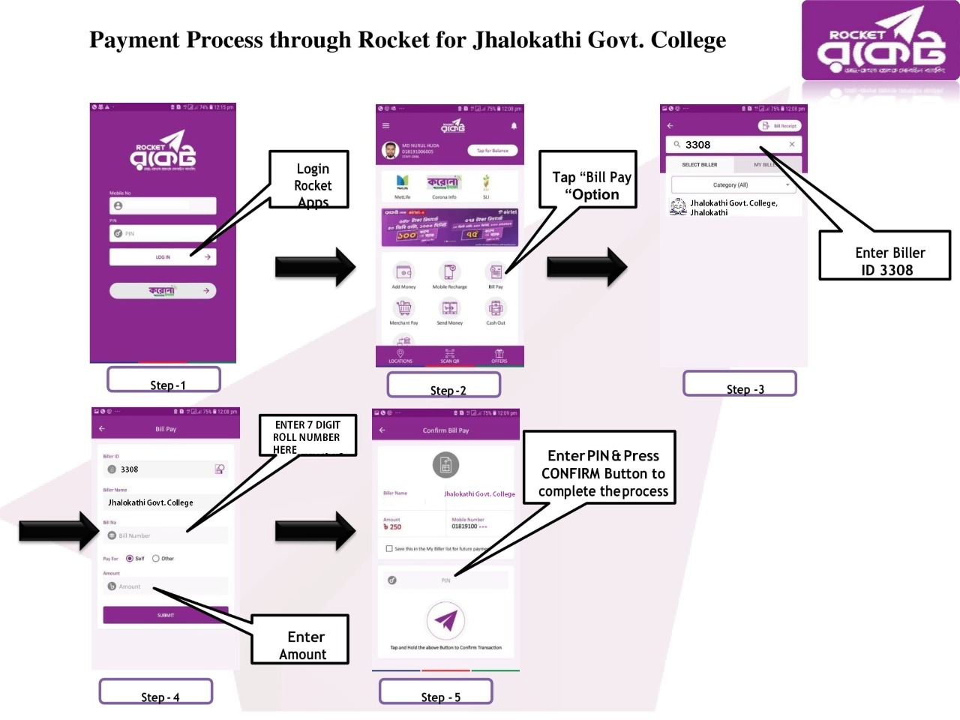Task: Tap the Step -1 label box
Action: pyautogui.click(x=163, y=379)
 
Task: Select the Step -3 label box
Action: pyautogui.click(x=739, y=383)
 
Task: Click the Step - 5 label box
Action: pyautogui.click(x=436, y=691)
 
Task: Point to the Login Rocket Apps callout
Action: pyautogui.click(x=310, y=179)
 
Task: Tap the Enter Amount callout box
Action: pyautogui.click(x=300, y=640)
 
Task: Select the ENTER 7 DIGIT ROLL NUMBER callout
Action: pyautogui.click(x=307, y=435)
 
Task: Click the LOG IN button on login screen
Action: pyautogui.click(x=163, y=257)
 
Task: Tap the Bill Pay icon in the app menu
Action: pyautogui.click(x=496, y=272)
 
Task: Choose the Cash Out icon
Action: pyautogui.click(x=496, y=308)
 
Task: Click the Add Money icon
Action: pyautogui.click(x=403, y=272)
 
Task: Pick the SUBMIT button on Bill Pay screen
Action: pyautogui.click(x=166, y=615)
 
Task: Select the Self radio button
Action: pyautogui.click(x=130, y=559)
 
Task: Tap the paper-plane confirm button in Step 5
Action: pyautogui.click(x=445, y=621)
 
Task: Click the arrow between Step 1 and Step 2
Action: pyautogui.click(x=315, y=266)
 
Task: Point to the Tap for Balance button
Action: pyautogui.click(x=493, y=151)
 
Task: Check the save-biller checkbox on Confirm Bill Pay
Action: pyautogui.click(x=389, y=549)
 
